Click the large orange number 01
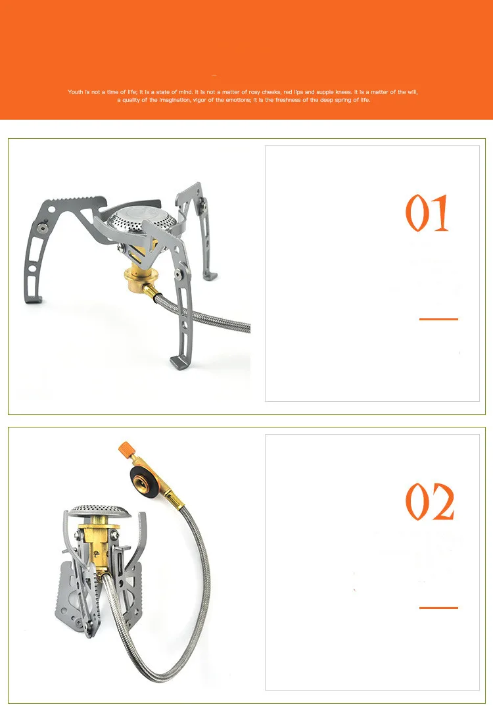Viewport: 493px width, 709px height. (x=427, y=213)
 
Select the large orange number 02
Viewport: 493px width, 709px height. (x=429, y=502)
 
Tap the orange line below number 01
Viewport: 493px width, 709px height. (x=438, y=319)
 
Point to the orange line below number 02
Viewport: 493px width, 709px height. (x=438, y=608)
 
